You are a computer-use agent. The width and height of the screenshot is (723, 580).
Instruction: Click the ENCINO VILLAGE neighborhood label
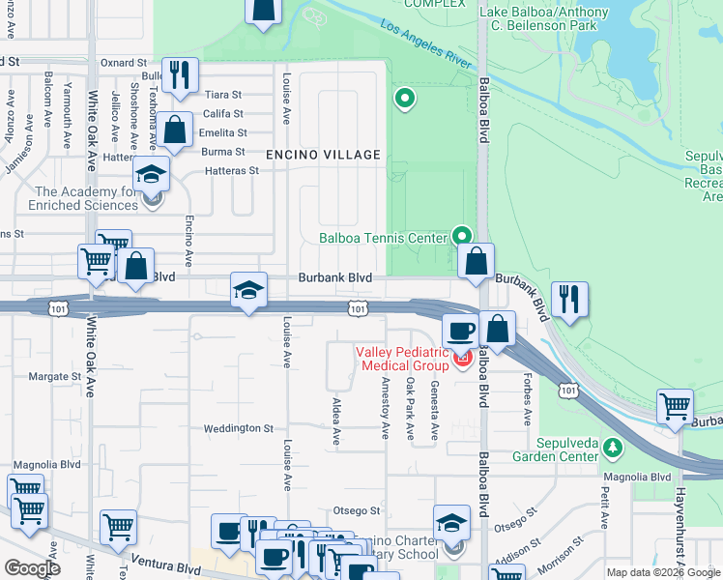click(x=324, y=155)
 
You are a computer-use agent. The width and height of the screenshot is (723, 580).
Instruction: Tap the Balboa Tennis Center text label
click(x=383, y=237)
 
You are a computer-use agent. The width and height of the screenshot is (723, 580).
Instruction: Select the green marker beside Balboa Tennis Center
click(x=463, y=236)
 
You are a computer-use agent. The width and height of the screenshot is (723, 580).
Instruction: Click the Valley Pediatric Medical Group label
click(x=403, y=359)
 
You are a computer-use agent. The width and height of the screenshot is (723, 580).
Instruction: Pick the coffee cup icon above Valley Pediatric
click(x=461, y=331)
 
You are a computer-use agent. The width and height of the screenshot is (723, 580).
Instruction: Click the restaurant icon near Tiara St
click(x=180, y=76)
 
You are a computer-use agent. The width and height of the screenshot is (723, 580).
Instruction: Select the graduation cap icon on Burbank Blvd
click(x=248, y=291)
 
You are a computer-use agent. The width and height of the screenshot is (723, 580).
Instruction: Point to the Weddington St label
click(x=239, y=428)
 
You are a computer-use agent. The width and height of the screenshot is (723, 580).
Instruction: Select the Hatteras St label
click(x=232, y=170)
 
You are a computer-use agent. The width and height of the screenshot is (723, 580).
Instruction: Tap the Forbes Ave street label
click(x=528, y=399)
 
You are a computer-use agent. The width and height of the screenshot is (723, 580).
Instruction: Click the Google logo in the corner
click(x=32, y=568)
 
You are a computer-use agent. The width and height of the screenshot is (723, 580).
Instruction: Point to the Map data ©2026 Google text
click(x=662, y=572)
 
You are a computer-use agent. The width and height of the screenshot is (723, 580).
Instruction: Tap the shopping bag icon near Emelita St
click(x=175, y=130)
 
